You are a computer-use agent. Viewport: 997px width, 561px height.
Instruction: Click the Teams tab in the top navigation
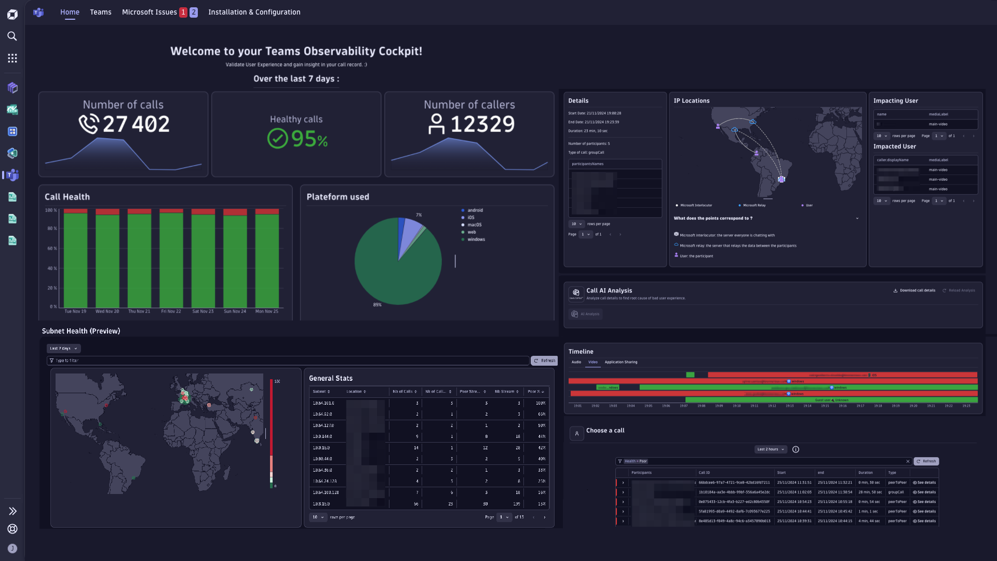point(100,12)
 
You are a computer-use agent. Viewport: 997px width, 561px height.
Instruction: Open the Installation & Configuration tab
point(254,12)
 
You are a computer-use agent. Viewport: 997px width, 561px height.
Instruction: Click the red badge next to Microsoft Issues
point(183,12)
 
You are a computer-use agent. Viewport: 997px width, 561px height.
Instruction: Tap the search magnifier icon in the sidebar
point(12,36)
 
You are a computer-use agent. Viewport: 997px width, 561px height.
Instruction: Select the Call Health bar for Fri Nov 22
point(171,260)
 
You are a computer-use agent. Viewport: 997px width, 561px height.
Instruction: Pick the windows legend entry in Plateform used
point(476,239)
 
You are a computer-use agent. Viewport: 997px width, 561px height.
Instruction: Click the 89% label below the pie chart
point(377,305)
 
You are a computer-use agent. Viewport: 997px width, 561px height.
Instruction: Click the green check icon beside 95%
point(277,139)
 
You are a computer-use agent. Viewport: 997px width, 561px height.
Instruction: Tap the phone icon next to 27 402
point(89,124)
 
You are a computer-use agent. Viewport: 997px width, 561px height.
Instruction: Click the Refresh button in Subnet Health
point(544,360)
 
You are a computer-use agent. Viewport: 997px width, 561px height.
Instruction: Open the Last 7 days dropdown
point(63,349)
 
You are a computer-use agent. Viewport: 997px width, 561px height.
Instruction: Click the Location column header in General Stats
point(356,392)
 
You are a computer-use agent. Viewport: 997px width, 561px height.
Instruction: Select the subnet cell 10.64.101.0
point(324,403)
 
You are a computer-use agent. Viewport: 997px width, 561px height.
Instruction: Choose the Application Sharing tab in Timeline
point(621,362)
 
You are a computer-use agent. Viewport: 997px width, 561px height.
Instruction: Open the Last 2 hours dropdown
point(770,449)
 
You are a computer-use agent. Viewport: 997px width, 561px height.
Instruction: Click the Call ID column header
point(704,473)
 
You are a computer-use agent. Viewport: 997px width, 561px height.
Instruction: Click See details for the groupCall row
point(924,492)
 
